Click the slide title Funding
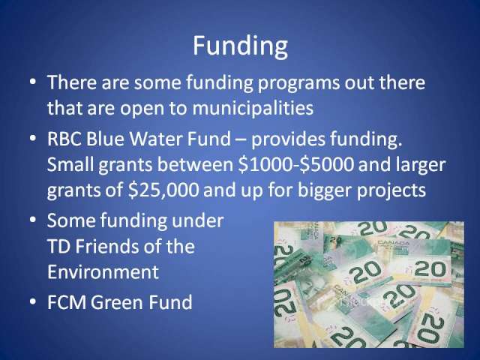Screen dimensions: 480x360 240,46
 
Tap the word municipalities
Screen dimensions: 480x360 253,108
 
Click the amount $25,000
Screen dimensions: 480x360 163,190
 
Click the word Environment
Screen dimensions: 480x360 103,271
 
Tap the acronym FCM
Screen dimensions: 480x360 67,301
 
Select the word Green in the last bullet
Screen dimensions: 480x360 113,301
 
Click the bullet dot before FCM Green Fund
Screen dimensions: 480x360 33,301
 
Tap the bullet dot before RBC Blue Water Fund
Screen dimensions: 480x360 33,138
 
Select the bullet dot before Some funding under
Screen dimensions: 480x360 33,220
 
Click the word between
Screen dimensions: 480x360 195,164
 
